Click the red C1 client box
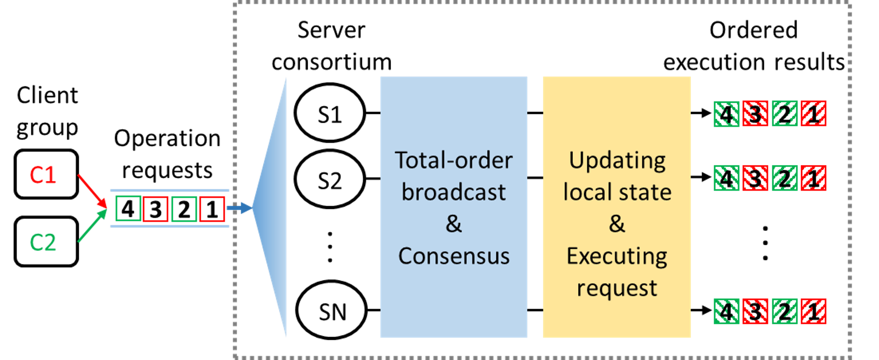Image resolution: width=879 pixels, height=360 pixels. coord(46,174)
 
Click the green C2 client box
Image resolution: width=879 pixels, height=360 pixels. coord(46,241)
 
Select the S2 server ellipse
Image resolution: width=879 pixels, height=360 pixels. coord(329,180)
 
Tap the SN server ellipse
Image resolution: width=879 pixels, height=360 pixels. coord(331,311)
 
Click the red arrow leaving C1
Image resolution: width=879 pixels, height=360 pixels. coord(92,190)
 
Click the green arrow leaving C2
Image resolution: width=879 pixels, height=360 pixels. coord(92,226)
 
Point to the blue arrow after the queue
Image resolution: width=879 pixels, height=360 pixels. coord(239,208)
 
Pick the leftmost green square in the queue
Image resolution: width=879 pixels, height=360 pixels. coord(129,209)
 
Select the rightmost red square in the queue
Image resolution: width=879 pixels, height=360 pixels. coord(212,209)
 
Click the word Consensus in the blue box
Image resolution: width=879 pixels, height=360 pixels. coord(454,256)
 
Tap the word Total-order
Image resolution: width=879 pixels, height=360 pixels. coord(454,160)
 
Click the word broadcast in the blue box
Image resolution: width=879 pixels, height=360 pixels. coord(454,192)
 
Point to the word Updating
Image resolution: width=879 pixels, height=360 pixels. coord(617,160)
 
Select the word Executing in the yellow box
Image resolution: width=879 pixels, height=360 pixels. coord(617,256)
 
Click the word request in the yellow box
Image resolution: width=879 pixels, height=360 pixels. coord(617,288)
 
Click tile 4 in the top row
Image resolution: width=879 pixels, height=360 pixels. coord(727,114)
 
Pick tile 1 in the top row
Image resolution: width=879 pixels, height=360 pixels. coord(814,114)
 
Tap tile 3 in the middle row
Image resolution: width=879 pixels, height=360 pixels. coord(756,178)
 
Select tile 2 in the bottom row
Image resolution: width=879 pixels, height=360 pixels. coord(785,312)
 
